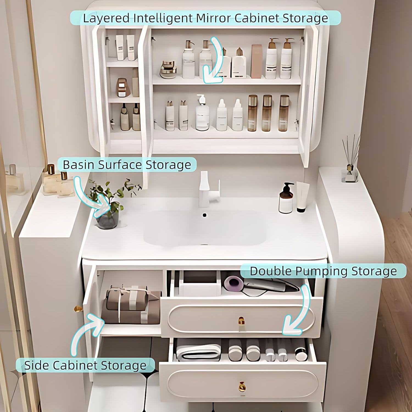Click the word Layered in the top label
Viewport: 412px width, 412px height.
pos(106,18)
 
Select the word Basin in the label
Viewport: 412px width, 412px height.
pos(79,165)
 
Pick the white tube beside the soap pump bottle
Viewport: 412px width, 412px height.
pos(302,196)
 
